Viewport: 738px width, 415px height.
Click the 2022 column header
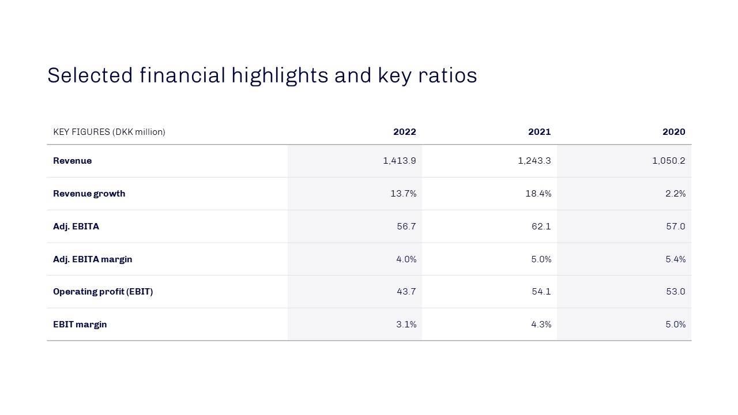click(x=405, y=132)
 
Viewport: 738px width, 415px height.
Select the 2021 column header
click(x=539, y=132)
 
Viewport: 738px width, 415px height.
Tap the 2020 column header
click(x=674, y=132)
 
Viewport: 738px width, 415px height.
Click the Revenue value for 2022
click(x=400, y=161)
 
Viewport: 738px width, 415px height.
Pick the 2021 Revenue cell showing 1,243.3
click(x=534, y=161)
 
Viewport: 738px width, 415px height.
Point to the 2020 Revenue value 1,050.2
click(x=668, y=161)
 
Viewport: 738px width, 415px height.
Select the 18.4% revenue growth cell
click(x=539, y=193)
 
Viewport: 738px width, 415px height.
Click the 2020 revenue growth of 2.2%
click(x=675, y=193)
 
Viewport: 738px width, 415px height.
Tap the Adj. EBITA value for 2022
click(x=406, y=227)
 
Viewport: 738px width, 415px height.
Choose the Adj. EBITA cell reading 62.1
click(x=541, y=227)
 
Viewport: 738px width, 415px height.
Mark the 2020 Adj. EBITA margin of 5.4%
click(x=675, y=259)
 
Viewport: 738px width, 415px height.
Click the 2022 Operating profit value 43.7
click(x=406, y=292)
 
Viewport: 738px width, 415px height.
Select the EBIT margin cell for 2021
click(x=541, y=325)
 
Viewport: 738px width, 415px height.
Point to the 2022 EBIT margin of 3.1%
click(x=406, y=325)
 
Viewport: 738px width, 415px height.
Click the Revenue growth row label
click(x=89, y=194)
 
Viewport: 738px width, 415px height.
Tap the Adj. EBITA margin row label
click(x=93, y=259)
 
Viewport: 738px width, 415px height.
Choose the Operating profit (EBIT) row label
click(x=103, y=292)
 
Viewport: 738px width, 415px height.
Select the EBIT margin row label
click(x=80, y=325)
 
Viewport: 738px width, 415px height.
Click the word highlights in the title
click(x=280, y=76)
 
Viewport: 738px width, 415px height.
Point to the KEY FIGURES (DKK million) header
click(x=109, y=132)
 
